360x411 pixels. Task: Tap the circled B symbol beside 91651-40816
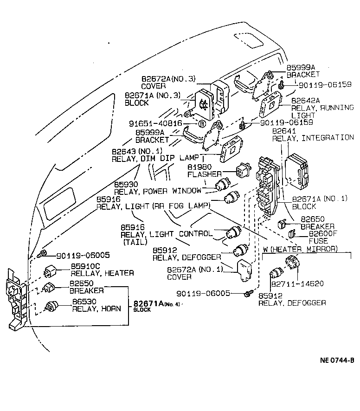(202, 124)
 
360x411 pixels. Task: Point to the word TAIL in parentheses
(135, 242)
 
